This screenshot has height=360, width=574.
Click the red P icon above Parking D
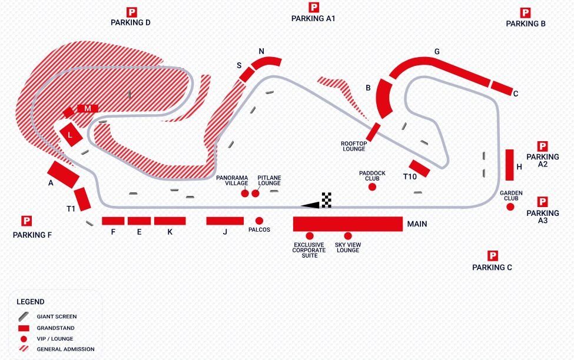coord(131,12)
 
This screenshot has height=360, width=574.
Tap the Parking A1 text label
coord(313,18)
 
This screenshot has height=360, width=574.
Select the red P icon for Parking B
coord(525,13)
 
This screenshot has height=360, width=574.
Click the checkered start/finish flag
coord(327,200)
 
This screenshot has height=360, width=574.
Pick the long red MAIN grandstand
coord(348,224)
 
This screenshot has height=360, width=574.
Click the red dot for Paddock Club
coord(372,187)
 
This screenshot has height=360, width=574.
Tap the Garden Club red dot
coord(510,206)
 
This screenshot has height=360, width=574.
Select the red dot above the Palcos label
coord(259,221)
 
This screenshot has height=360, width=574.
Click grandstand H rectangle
coord(509,165)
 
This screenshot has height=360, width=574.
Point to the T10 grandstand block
coord(420,168)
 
